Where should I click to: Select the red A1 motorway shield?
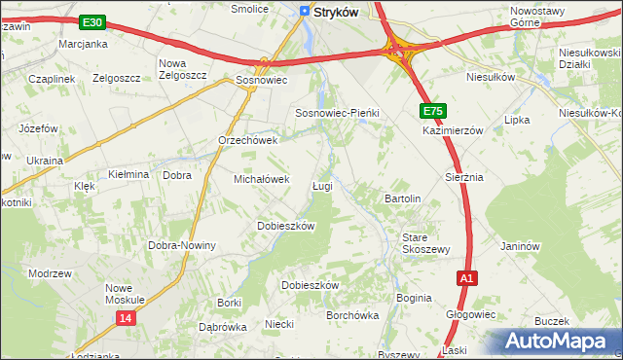[467, 278]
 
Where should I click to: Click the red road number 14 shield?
[125, 318]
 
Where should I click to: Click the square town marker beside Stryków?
[305, 12]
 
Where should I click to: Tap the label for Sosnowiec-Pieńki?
[337, 113]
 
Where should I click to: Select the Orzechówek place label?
[248, 140]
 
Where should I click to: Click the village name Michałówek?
[262, 179]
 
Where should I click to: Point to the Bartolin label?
[402, 198]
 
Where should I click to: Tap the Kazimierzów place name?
[453, 129]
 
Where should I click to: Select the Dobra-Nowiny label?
[182, 245]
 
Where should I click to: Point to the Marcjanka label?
[83, 45]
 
